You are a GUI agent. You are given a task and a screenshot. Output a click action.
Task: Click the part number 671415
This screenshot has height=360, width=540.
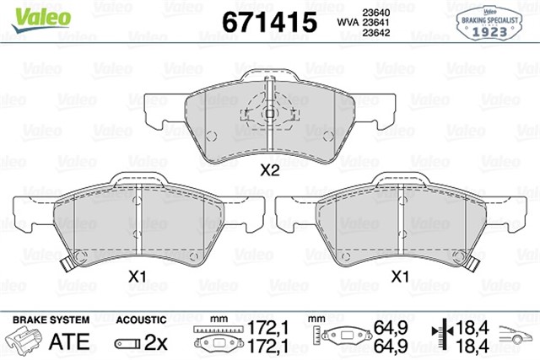click(268, 20)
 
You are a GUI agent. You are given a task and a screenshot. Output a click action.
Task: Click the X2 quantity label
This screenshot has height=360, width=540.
click(268, 169)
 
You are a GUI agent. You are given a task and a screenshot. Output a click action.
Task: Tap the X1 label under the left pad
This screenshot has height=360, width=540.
click(138, 276)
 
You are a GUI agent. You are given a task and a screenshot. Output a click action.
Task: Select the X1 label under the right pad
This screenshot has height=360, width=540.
click(402, 276)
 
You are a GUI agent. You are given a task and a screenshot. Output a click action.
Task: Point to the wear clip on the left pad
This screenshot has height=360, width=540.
click(68, 261)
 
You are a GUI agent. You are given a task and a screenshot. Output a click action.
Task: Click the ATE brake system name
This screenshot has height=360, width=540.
click(71, 342)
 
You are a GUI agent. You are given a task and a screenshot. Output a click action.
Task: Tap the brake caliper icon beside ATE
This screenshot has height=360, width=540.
click(28, 341)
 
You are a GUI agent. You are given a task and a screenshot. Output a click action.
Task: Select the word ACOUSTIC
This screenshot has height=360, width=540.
click(140, 321)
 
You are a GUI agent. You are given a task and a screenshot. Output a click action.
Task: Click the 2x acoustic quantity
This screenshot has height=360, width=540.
click(157, 342)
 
